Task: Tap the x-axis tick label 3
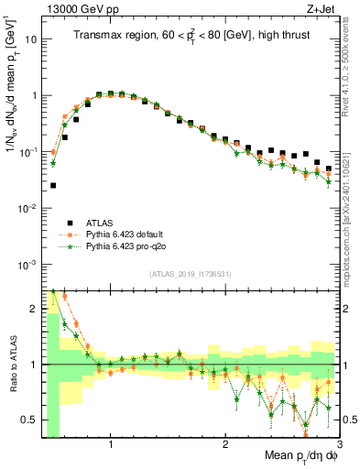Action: coord(339,446)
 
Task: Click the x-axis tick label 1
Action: coord(111,446)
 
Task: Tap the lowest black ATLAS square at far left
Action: coord(53,185)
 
